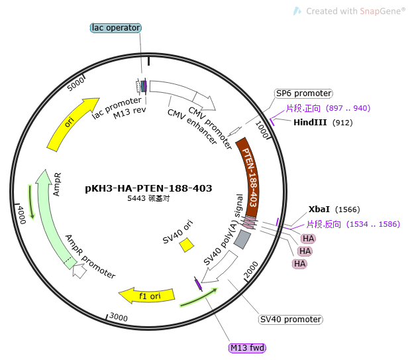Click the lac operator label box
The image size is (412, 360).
pyautogui.click(x=116, y=28)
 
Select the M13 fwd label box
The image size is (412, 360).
pyautogui.click(x=247, y=347)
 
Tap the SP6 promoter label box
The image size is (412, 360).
pyautogui.click(x=303, y=93)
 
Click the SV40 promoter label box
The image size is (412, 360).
pyautogui.click(x=291, y=320)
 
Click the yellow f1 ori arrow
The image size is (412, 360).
pyautogui.click(x=146, y=296)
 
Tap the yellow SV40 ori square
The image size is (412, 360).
pyautogui.click(x=187, y=245)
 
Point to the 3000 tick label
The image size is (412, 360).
pyautogui.click(x=119, y=317)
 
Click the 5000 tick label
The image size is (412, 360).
pyautogui.click(x=76, y=84)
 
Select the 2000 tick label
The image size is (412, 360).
pyautogui.click(x=251, y=270)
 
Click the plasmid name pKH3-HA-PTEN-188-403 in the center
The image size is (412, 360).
pyautogui.click(x=148, y=188)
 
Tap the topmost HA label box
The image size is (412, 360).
pyautogui.click(x=308, y=239)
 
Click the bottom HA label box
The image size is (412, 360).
pyautogui.click(x=300, y=263)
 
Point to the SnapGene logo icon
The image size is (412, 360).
pyautogui.click(x=297, y=11)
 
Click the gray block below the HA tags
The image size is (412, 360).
pyautogui.click(x=242, y=239)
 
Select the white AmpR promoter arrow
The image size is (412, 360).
pyautogui.click(x=80, y=271)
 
